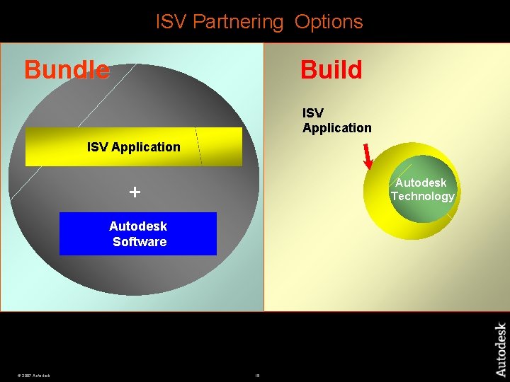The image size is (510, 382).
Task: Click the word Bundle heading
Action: point(67,70)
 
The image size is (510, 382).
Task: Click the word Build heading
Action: point(331,70)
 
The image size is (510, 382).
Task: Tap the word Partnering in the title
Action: point(237,22)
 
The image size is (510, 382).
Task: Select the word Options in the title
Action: point(329,22)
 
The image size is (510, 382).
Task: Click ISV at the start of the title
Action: point(171,22)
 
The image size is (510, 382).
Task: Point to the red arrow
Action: point(368,157)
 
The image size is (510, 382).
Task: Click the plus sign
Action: point(135,192)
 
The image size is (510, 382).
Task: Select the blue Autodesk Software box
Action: point(137,233)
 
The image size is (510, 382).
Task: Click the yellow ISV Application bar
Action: point(133,147)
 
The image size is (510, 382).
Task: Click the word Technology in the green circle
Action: point(422,196)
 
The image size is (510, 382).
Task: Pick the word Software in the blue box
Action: point(140,242)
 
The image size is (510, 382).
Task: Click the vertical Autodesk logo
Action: point(500,349)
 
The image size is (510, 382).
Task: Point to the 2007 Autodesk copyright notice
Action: point(33,375)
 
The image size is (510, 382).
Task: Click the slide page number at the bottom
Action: point(257,375)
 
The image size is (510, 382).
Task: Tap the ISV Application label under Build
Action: point(336,120)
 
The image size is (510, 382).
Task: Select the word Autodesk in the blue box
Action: point(138,226)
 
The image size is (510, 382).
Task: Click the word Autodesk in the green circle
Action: point(421,183)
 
